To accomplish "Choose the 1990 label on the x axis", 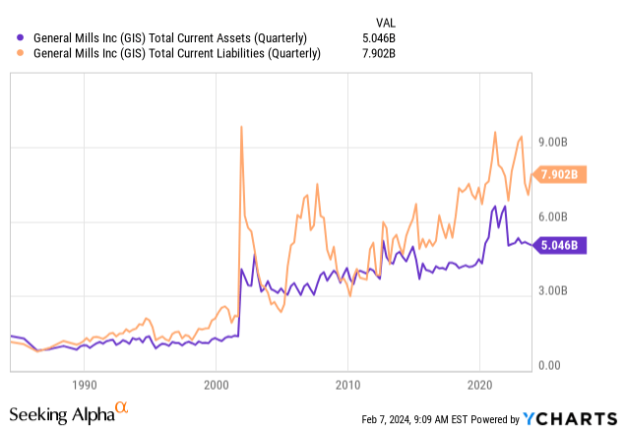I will [84, 385].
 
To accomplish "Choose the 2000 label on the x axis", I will [216, 385].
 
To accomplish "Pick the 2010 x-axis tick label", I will [346, 385].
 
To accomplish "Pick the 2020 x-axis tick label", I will [478, 385].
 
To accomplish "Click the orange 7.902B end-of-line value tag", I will [562, 175].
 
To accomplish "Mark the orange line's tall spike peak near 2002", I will [241, 126].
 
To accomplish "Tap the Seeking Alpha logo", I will [69, 410].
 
